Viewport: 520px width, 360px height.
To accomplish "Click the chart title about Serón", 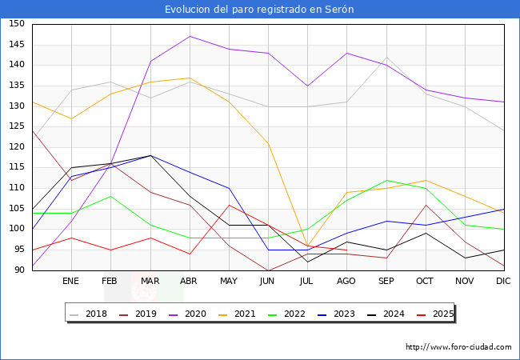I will pos(259,9).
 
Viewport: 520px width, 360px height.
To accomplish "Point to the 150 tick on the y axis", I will pos(16,24).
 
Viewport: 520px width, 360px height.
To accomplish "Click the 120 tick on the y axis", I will pos(16,147).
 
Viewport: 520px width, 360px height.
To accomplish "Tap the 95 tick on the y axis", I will pos(16,250).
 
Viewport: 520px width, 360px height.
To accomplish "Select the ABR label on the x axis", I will pos(190,282).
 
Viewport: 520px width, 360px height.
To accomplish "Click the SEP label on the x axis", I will pos(386,282).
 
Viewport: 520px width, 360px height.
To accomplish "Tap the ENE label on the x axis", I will pos(71,282).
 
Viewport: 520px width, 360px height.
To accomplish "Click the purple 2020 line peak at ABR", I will pos(190,36).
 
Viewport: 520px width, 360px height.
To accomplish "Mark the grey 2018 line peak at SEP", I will pos(386,57).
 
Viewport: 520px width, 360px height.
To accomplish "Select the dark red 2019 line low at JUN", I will pos(268,270).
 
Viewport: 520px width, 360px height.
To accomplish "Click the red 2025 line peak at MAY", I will pos(229,205).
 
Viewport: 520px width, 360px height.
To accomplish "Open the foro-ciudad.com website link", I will pos(458,347).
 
